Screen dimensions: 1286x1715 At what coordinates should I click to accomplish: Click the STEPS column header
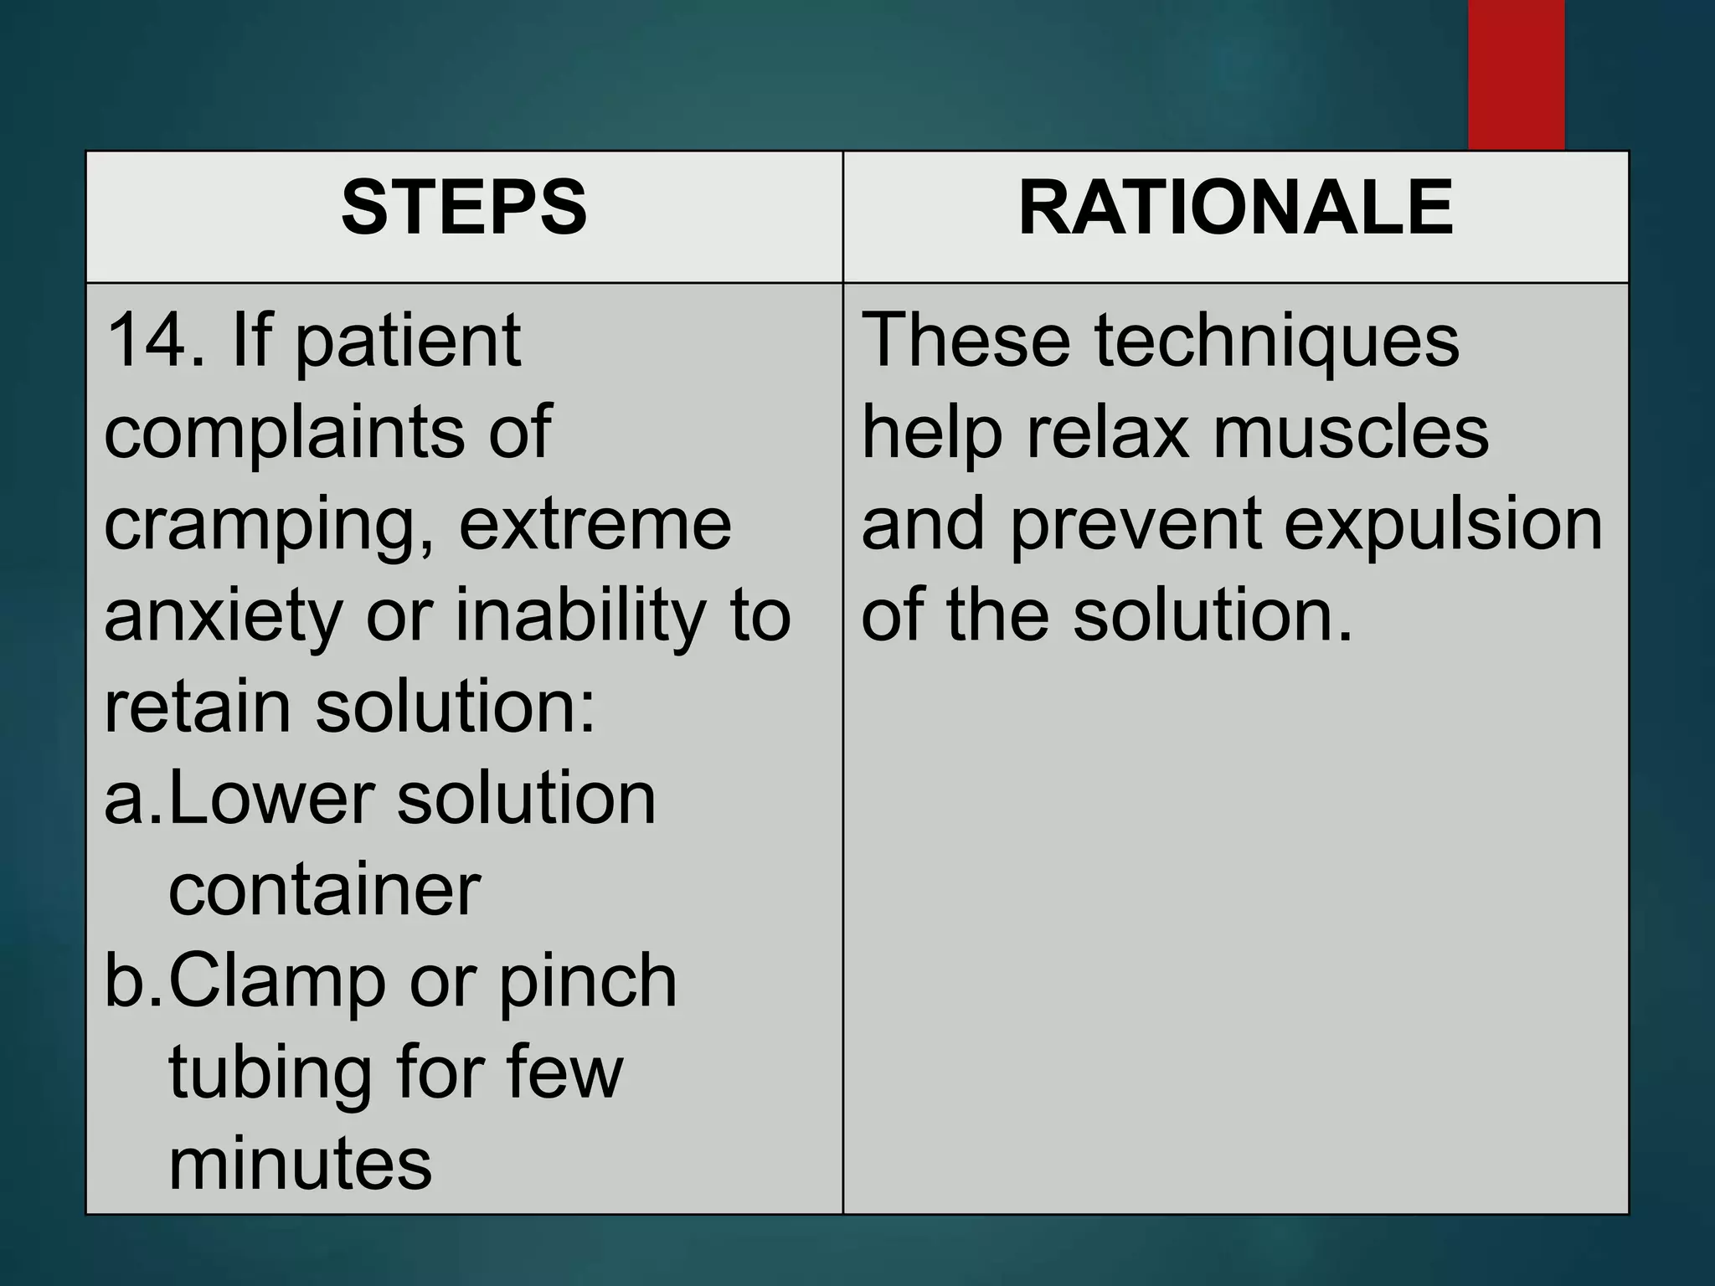tap(464, 209)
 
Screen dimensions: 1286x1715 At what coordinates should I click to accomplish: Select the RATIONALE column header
tap(1235, 209)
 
